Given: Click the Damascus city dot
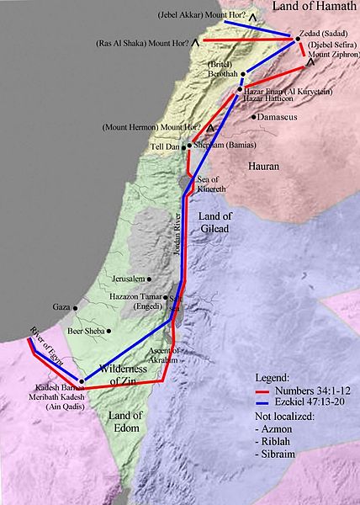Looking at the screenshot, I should click(x=253, y=117).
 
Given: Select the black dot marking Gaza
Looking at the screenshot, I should click(x=68, y=307).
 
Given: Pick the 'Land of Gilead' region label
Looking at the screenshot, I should click(x=221, y=222).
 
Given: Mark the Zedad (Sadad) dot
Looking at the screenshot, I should click(x=298, y=38).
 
